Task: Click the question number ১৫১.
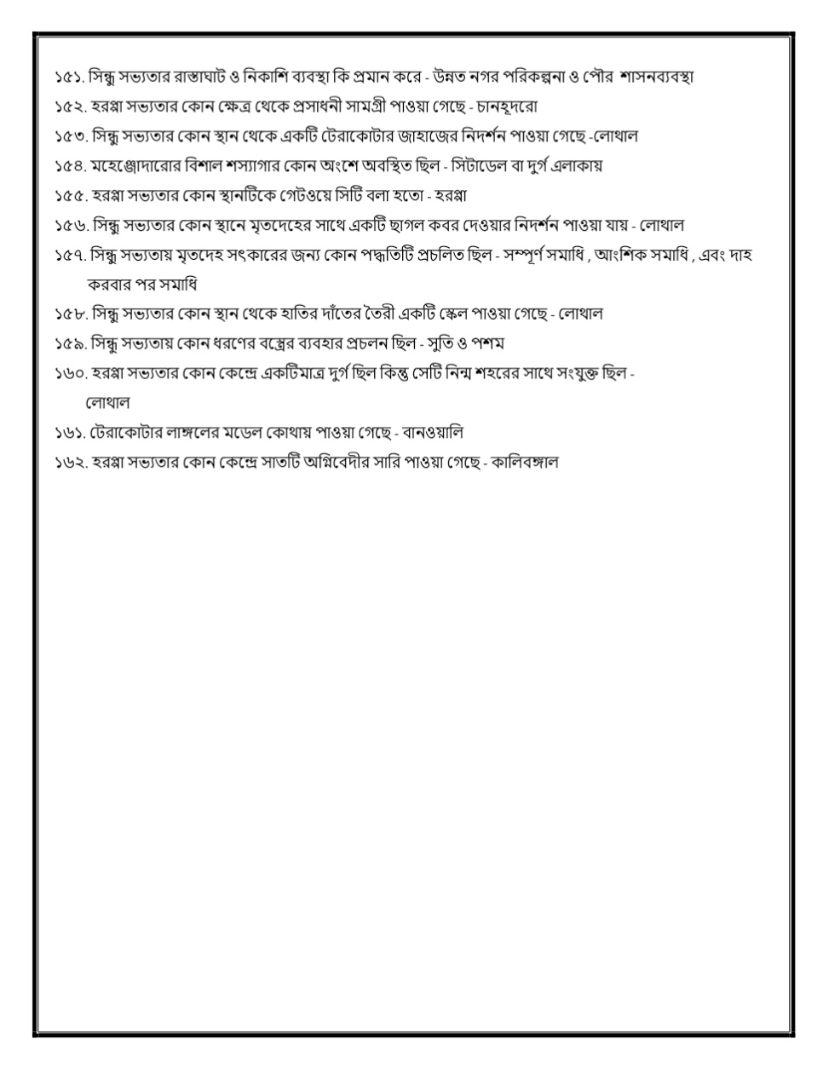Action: (70, 77)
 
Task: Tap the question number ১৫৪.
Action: (71, 165)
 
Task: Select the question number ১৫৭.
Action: (71, 255)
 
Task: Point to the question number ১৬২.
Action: (71, 463)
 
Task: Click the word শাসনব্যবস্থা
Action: (649, 77)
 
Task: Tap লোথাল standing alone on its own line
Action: (107, 401)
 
